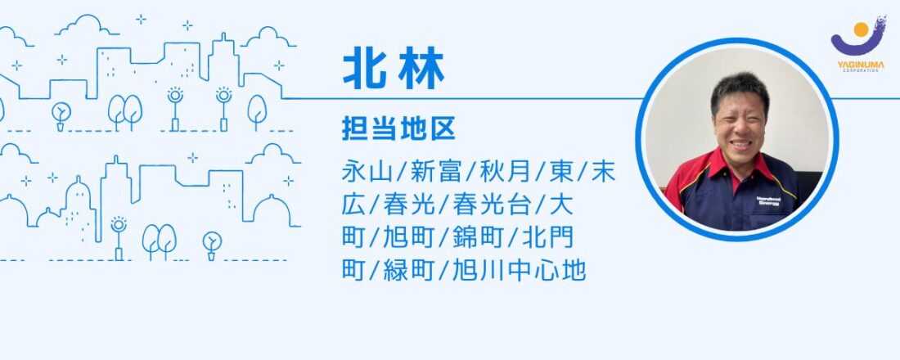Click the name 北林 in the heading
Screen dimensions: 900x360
coord(394,72)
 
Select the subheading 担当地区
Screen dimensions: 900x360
coord(398,129)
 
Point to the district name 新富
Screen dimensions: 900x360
coord(434,172)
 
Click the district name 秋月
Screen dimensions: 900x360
coord(504,172)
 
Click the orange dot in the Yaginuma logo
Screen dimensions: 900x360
coord(861,29)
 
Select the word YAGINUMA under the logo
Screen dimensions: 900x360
coord(861,65)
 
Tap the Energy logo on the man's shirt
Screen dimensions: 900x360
coord(768,201)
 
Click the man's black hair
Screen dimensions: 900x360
coord(740,88)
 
